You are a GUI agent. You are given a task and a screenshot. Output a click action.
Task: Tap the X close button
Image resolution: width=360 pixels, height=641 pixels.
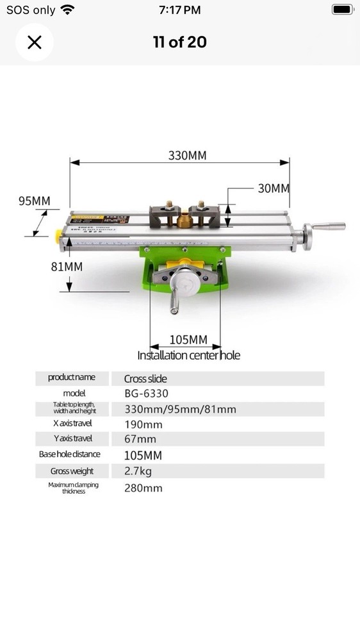34,42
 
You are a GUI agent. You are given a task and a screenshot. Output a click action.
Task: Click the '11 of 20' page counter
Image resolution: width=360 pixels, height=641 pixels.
179,42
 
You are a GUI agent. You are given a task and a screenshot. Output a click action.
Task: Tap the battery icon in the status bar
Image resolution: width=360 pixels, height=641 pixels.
343,10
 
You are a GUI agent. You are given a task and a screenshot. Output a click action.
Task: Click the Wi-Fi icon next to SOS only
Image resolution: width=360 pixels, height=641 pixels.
67,10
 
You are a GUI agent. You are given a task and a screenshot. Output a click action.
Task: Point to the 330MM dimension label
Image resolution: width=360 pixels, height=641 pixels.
187,156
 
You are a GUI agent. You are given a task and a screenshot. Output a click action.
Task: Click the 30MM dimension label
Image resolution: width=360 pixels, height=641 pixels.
274,188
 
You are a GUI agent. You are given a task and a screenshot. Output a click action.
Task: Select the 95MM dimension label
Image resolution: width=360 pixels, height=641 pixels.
34,201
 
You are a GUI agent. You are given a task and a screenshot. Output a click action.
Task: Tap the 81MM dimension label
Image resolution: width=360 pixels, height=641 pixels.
67,267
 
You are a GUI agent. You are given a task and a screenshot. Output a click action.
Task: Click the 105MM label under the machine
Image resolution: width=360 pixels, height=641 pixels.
188,340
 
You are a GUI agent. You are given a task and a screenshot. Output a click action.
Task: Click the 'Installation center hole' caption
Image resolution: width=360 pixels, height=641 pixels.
189,355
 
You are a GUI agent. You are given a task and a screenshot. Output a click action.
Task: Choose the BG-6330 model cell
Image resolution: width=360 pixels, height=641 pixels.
147,394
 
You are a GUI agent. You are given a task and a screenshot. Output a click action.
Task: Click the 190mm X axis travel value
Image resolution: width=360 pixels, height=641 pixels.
143,424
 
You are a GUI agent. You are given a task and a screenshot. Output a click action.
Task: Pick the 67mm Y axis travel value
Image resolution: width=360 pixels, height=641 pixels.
140,439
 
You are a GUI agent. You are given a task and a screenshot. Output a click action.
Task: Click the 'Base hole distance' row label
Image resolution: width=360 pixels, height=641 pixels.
70,454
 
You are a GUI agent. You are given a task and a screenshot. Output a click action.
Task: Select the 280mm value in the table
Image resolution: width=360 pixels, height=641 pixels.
143,488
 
